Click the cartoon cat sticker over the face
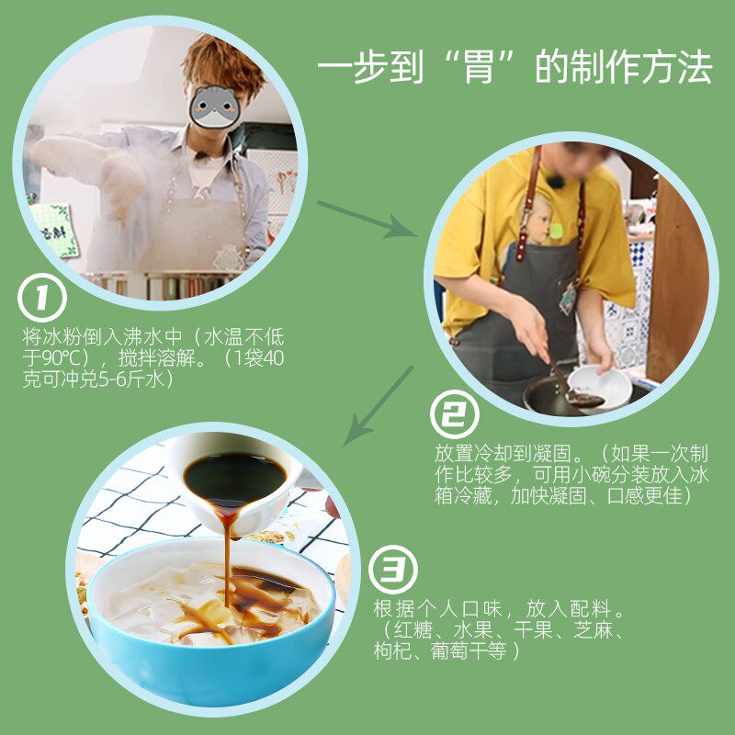coord(214,107)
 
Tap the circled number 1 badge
coord(42,298)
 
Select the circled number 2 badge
coord(455,414)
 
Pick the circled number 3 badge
coord(393,570)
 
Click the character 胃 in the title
coord(479,67)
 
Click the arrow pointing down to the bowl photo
coord(379,405)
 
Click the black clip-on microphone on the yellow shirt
coord(557,180)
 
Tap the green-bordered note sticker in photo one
coord(54,230)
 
